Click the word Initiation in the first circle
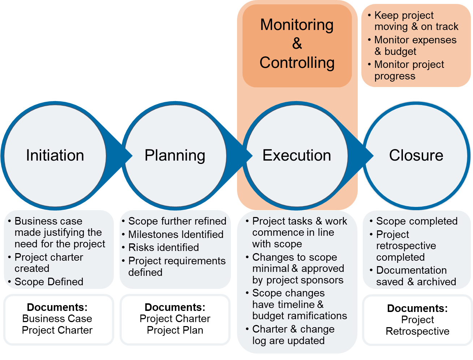click(55, 155)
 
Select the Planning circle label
click(175, 156)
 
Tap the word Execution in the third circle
click(297, 155)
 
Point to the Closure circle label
click(416, 155)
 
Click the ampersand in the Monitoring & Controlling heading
click(297, 44)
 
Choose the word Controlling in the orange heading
click(297, 62)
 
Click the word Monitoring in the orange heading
click(297, 25)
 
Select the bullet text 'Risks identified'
click(163, 247)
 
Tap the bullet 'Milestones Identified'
click(176, 234)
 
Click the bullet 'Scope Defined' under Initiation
click(49, 282)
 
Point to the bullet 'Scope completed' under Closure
click(417, 221)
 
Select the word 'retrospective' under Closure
click(406, 246)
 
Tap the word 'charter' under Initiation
click(67, 257)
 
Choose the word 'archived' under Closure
click(437, 282)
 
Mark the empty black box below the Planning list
click(175, 320)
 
